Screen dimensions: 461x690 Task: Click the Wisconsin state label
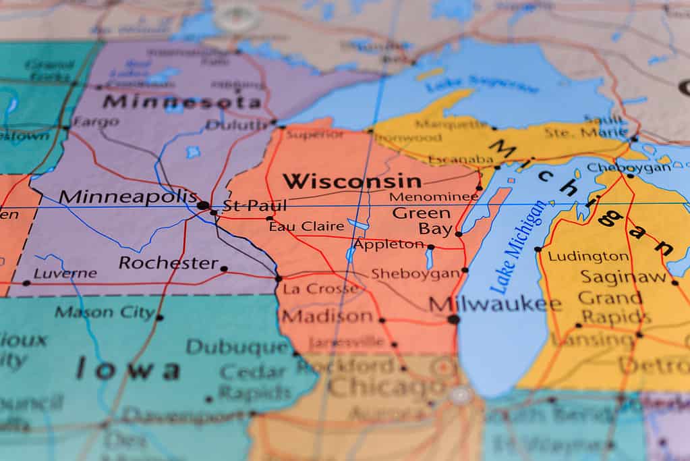click(x=351, y=181)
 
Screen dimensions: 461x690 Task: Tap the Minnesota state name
click(x=182, y=102)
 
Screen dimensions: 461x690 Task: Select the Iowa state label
click(x=128, y=369)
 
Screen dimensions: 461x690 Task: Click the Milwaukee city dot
click(x=453, y=319)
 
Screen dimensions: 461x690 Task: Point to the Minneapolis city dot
click(x=203, y=205)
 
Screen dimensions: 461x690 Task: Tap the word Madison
click(x=327, y=316)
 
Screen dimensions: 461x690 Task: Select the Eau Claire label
click(x=306, y=226)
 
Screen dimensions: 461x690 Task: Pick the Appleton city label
click(x=389, y=244)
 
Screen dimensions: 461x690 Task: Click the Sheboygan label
click(x=415, y=273)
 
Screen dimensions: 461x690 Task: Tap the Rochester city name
click(x=169, y=263)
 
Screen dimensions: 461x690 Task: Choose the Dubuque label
click(x=237, y=347)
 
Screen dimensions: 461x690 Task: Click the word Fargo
click(x=95, y=122)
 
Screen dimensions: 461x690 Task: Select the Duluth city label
click(x=237, y=125)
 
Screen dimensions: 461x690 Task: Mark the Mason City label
click(x=105, y=312)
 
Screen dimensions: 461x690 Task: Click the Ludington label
click(x=588, y=256)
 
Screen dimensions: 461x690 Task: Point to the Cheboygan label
click(x=629, y=167)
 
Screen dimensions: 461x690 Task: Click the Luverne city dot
click(x=26, y=283)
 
